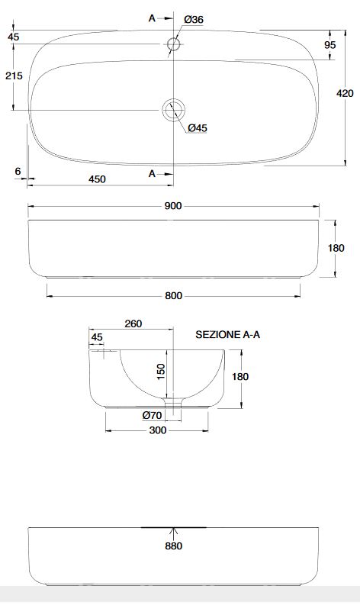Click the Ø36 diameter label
[x=194, y=19]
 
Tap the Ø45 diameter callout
[x=198, y=127]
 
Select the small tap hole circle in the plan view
[x=174, y=44]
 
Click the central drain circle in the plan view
[x=174, y=110]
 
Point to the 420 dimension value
[x=345, y=93]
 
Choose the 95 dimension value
[x=330, y=45]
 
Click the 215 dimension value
[x=14, y=76]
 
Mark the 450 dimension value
[x=97, y=179]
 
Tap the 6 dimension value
[x=18, y=171]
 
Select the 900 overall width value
[x=173, y=206]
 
